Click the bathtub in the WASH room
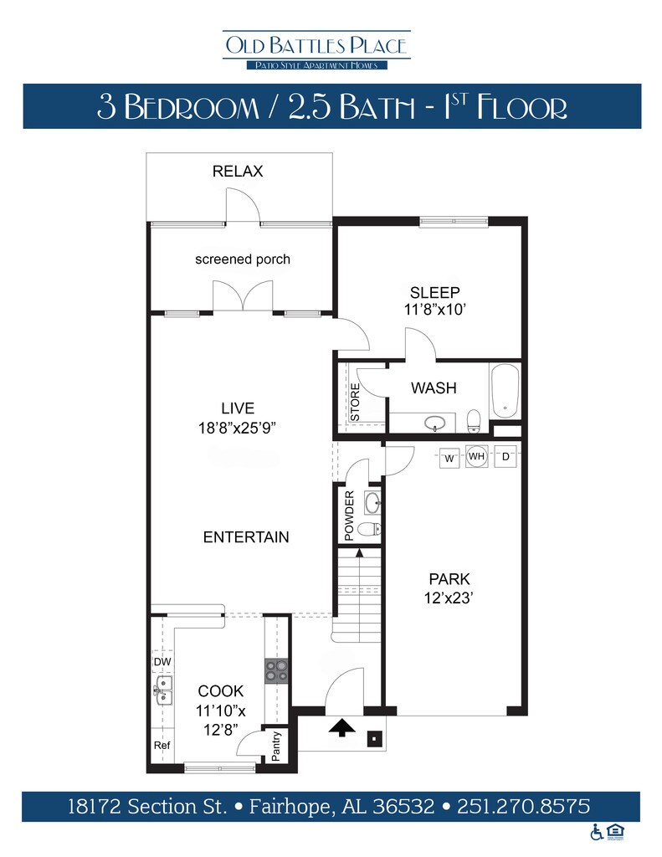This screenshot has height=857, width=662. click(505, 392)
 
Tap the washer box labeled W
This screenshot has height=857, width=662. click(449, 459)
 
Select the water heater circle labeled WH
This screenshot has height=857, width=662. click(477, 456)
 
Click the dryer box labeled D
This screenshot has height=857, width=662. click(505, 456)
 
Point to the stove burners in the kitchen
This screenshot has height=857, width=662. click(277, 671)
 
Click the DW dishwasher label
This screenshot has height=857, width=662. click(162, 662)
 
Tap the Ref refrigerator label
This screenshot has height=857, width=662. click(162, 745)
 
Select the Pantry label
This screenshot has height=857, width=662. click(276, 746)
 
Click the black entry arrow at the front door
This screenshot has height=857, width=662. click(342, 727)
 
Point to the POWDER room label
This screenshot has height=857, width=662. click(349, 516)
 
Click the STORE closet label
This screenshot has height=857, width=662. click(355, 402)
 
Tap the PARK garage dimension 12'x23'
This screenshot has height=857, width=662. click(449, 598)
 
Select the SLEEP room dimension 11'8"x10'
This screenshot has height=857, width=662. click(434, 310)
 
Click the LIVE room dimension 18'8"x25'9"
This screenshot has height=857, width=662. click(237, 428)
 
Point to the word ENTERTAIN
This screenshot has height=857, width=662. click(246, 537)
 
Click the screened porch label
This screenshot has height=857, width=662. click(243, 259)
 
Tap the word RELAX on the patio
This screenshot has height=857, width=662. click(238, 171)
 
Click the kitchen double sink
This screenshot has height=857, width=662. click(163, 690)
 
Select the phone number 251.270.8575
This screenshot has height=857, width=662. click(524, 807)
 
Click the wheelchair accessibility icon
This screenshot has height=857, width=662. click(597, 832)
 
